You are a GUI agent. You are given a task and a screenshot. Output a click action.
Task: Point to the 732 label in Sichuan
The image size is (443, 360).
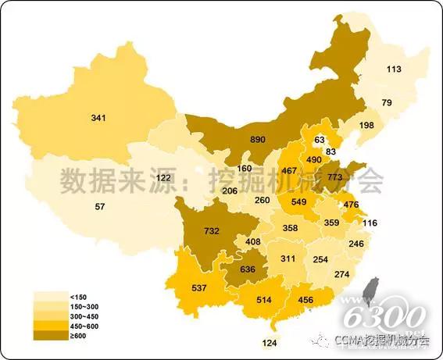click(x=212, y=231)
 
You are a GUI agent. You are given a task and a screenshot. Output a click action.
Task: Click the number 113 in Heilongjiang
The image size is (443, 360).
click(x=394, y=70)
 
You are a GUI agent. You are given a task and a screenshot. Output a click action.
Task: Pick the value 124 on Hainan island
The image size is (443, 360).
click(x=270, y=342)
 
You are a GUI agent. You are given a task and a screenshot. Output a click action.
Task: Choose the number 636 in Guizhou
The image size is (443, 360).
click(x=247, y=270)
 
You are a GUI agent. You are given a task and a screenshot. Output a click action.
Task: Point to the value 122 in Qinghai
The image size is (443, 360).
click(x=164, y=178)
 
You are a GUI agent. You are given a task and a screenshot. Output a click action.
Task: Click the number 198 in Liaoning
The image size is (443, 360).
click(x=366, y=126)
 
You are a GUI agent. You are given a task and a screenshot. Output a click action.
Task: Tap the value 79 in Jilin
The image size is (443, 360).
click(x=386, y=103)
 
